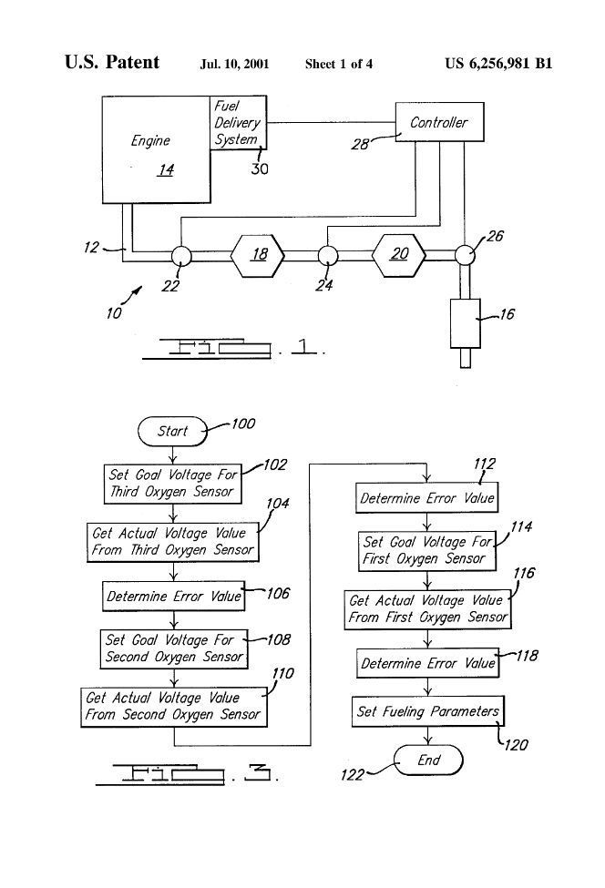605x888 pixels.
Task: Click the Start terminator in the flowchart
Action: pos(172,431)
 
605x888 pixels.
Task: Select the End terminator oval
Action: pos(428,760)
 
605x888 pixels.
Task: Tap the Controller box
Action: pos(437,123)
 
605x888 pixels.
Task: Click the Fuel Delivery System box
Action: pos(238,123)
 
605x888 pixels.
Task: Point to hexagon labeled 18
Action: pos(260,254)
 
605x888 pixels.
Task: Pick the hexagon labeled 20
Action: pos(399,254)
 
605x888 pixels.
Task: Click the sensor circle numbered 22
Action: pos(179,255)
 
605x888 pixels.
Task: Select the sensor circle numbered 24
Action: pos(328,255)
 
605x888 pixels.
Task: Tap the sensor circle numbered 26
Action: pos(465,255)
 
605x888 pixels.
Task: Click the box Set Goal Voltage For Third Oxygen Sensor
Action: pos(172,483)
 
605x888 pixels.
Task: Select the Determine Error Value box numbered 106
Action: pos(173,597)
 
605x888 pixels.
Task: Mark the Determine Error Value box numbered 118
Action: pos(427,663)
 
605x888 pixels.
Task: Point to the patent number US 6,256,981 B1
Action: pos(498,64)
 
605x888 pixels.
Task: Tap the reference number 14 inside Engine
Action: pos(165,169)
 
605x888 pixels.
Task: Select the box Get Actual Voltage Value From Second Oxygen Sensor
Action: pos(173,707)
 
